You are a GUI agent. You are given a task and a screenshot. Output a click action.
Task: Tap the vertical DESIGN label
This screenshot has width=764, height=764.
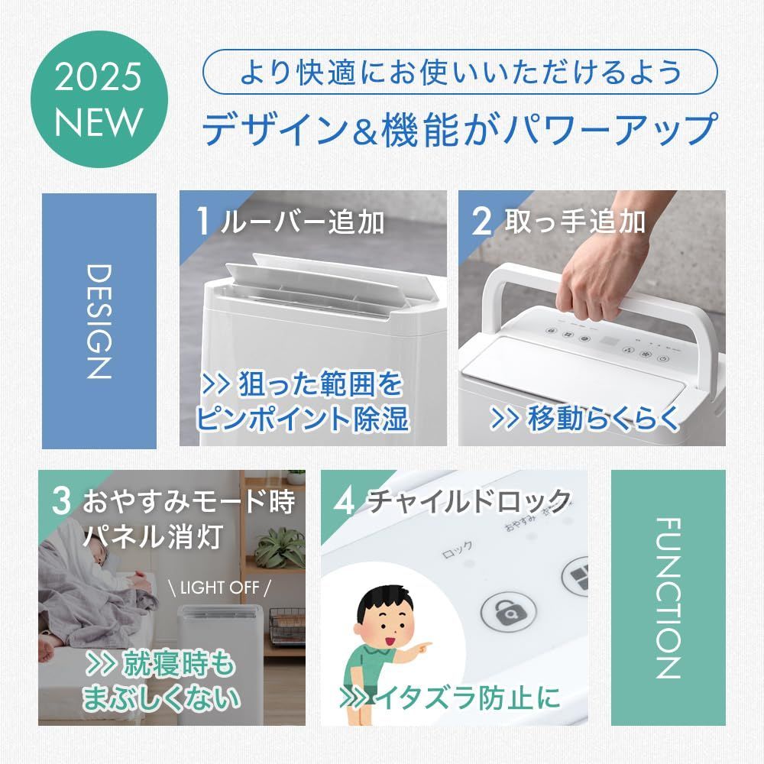point(99,321)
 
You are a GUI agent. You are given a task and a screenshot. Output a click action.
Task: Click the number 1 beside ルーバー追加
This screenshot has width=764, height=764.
point(203,221)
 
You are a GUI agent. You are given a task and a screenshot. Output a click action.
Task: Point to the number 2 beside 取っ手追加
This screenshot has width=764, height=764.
point(483,221)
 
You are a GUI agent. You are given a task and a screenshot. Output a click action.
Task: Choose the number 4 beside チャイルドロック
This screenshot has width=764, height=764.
point(345,502)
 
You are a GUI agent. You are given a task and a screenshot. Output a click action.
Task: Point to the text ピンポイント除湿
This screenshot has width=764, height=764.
point(301,418)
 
